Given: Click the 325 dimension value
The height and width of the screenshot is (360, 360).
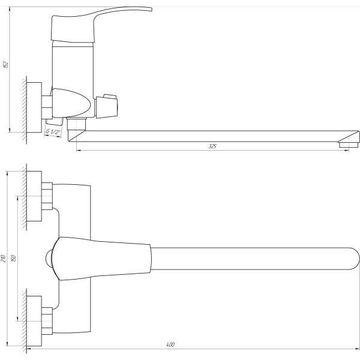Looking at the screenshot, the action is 212,146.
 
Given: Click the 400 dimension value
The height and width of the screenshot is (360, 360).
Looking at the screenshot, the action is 170,344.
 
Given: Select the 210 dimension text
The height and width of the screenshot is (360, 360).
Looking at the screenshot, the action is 3,259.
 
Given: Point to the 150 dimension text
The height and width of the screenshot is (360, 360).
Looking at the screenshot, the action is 14,258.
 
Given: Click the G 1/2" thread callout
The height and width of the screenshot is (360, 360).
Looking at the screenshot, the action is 53,132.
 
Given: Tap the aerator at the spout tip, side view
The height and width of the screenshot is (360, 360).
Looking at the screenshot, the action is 348,145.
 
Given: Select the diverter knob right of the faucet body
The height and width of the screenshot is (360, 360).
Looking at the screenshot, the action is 107,106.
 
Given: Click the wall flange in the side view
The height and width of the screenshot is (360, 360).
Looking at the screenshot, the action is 34,107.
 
